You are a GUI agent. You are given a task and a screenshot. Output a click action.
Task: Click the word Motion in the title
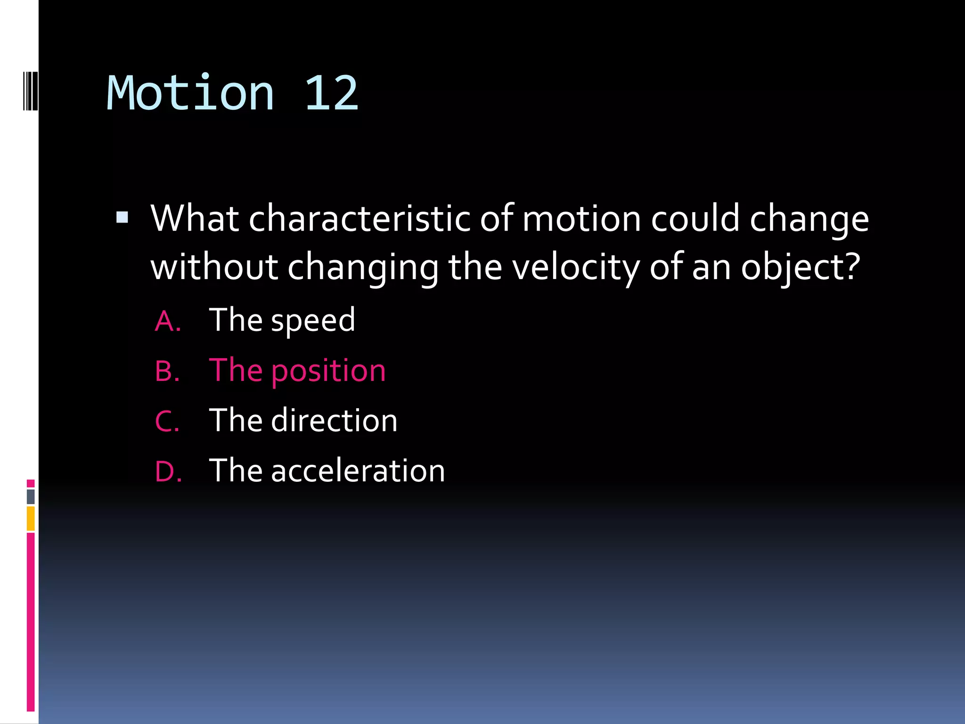pos(190,93)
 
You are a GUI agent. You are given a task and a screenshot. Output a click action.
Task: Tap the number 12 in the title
pos(331,93)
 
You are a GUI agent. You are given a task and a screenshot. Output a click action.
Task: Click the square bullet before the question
pos(122,217)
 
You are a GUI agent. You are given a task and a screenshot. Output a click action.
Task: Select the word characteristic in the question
pos(360,219)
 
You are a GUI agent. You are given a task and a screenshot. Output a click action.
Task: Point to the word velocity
pos(576,268)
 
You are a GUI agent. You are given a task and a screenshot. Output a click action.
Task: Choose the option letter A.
pos(167,321)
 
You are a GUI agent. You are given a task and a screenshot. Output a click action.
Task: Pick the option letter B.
pos(167,371)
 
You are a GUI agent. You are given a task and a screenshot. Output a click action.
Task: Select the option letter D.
pos(168,471)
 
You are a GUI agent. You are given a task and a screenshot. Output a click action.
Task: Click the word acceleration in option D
pos(358,470)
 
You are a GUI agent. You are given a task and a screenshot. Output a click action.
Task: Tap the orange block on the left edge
pos(31,518)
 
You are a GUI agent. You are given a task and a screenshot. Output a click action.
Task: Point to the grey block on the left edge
pos(31,496)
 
